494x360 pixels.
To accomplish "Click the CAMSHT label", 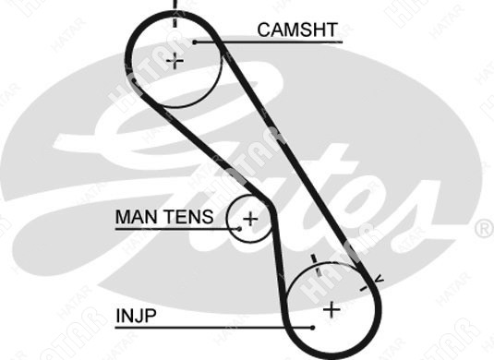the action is (297, 30).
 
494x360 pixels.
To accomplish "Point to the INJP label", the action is (136, 316).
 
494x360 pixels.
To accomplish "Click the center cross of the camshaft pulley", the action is (175, 61).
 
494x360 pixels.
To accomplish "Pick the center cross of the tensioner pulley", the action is (250, 219).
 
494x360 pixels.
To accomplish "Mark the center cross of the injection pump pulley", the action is (331, 309).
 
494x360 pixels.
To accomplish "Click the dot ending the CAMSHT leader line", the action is (195, 42).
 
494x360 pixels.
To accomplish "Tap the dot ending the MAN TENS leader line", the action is (239, 229).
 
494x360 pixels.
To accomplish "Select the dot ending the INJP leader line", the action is (312, 328).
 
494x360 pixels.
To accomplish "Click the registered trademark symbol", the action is (484, 228).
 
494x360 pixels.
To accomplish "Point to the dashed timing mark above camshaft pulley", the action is (175, 14).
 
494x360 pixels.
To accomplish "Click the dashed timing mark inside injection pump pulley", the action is (317, 265).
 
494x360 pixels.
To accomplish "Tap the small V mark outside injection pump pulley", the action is (380, 279).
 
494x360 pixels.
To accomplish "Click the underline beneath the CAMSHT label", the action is (269, 42).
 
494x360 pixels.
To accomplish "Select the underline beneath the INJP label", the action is (214, 328).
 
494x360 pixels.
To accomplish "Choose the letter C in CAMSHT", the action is (265, 30).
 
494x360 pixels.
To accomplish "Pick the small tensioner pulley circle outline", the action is (227, 219).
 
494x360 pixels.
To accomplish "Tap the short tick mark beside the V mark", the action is (364, 289).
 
